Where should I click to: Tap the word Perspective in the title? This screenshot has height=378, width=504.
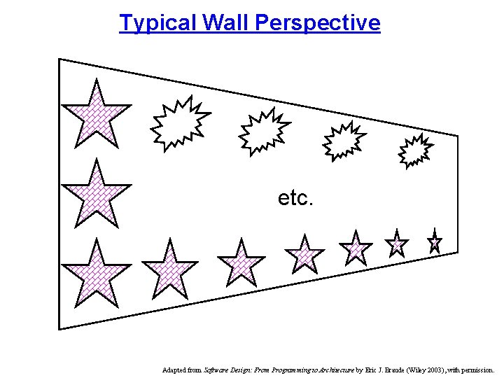[x=318, y=23]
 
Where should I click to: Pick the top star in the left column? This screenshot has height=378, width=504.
[x=96, y=111]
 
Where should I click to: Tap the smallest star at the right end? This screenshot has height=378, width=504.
[x=435, y=242]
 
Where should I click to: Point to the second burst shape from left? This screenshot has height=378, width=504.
[x=264, y=131]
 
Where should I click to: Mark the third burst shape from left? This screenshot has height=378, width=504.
[x=344, y=141]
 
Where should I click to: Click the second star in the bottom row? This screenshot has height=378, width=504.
[x=169, y=268]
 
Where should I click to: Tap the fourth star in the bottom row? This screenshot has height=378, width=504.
[x=304, y=254]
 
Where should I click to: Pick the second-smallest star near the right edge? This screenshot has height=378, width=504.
[x=397, y=244]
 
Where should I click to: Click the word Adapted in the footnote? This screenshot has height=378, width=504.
[x=174, y=369]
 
